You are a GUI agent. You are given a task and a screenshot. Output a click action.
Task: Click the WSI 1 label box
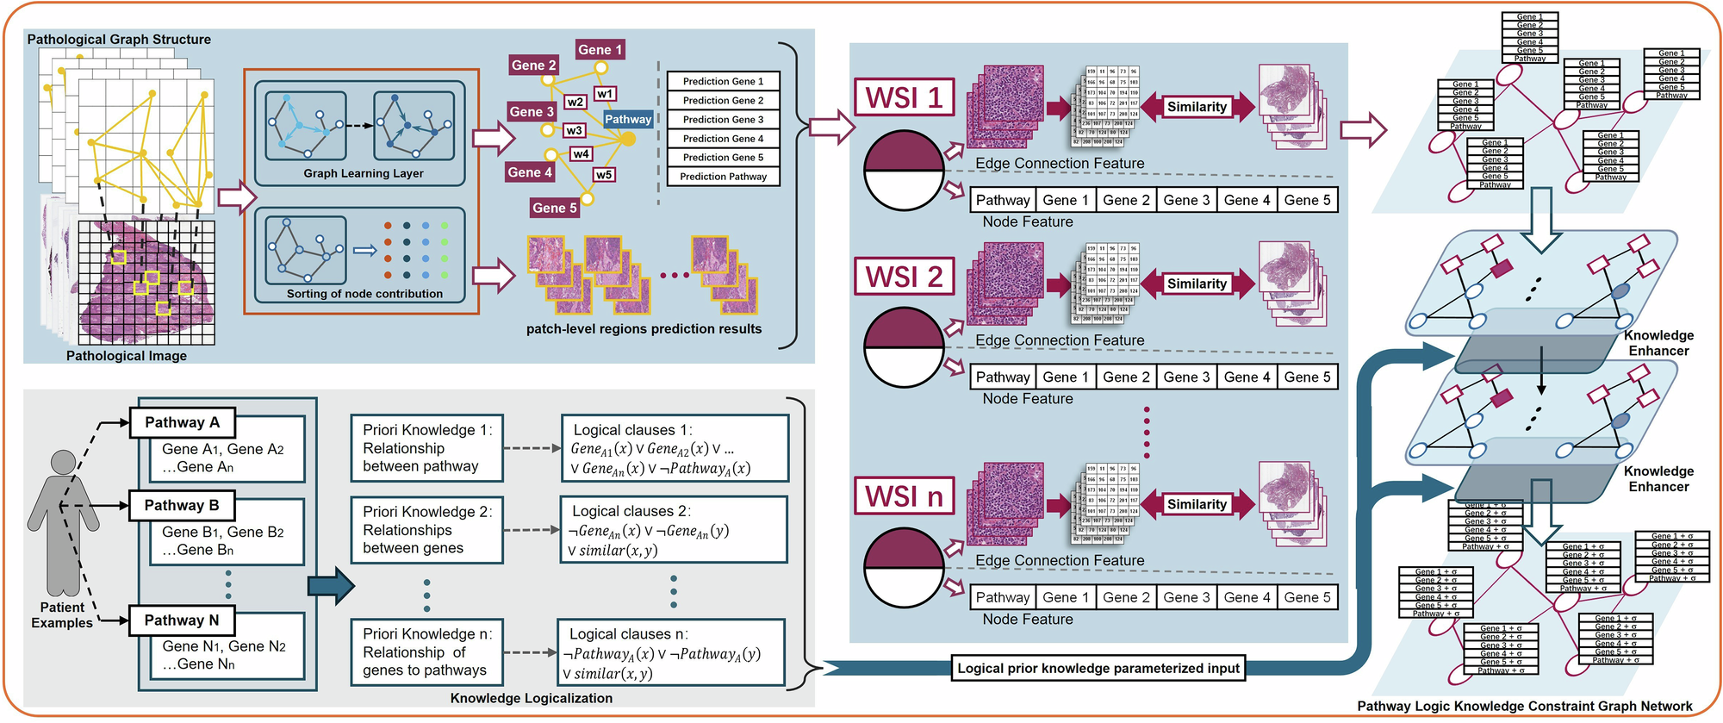(904, 97)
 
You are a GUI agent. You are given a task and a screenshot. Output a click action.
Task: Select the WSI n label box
(904, 496)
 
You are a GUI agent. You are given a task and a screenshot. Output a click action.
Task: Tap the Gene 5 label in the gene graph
(554, 208)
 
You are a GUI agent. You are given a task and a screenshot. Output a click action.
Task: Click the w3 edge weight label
(574, 131)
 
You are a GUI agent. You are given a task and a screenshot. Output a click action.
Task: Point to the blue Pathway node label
(627, 120)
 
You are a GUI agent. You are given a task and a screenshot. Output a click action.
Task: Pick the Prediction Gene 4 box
(723, 139)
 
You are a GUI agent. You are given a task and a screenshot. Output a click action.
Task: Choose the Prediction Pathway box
(723, 177)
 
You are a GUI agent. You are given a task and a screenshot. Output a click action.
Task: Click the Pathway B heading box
(182, 505)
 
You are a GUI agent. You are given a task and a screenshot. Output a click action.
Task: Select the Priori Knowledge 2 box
(426, 530)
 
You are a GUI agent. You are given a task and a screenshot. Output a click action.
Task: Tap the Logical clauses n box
(671, 653)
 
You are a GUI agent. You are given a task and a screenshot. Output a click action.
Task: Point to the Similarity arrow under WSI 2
(1197, 284)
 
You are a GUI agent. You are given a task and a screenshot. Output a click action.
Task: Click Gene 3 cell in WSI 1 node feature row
(1186, 200)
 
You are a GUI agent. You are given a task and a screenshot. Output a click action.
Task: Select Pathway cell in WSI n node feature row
(1002, 597)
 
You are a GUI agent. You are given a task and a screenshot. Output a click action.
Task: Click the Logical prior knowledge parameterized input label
(1098, 668)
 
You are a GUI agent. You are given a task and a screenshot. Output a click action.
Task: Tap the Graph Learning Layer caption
(363, 173)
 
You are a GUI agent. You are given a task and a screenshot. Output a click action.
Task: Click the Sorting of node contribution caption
(364, 294)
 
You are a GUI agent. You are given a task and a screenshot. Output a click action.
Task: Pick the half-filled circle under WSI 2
(904, 348)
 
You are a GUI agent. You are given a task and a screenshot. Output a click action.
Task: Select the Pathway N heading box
(182, 620)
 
